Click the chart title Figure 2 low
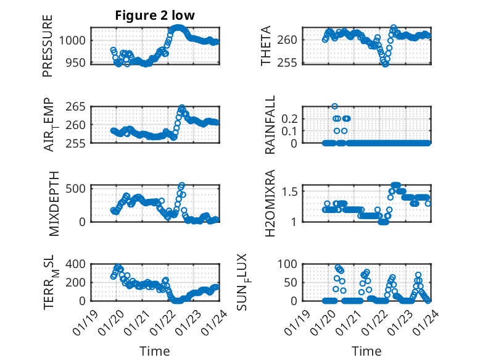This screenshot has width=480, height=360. click(x=154, y=15)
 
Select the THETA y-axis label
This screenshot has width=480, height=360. click(x=265, y=46)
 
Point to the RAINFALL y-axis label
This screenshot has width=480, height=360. click(x=270, y=125)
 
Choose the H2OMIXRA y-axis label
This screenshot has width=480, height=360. click(x=270, y=203)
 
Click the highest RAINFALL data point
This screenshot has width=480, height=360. click(x=335, y=106)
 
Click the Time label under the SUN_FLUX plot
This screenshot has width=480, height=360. click(x=366, y=351)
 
